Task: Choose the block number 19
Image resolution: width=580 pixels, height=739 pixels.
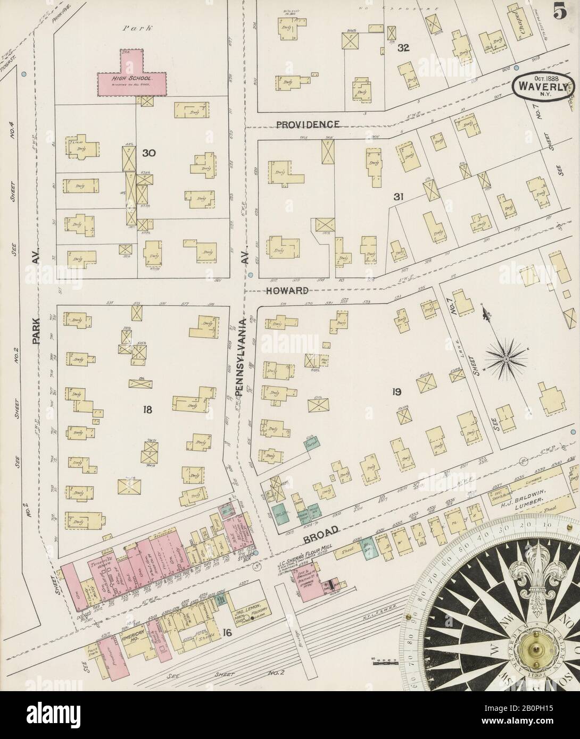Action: click(396, 392)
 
